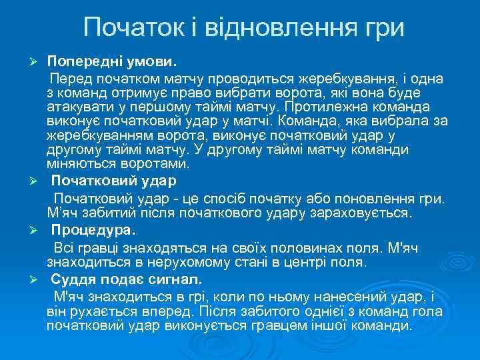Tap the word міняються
78,163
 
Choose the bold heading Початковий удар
114,181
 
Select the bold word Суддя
71,277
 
